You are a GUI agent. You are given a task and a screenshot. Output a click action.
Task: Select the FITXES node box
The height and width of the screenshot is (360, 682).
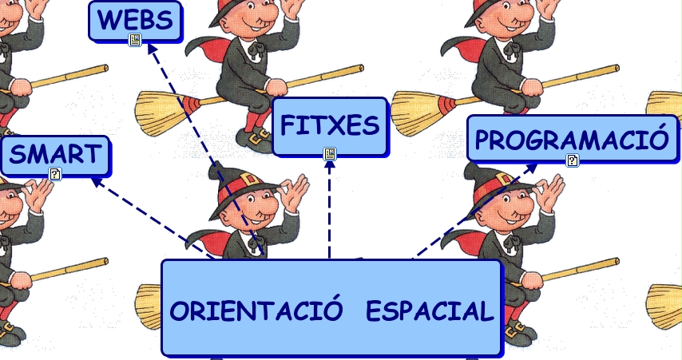pyautogui.click(x=329, y=126)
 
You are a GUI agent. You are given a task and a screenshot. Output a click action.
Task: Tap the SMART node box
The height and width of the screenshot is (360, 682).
pyautogui.click(x=55, y=155)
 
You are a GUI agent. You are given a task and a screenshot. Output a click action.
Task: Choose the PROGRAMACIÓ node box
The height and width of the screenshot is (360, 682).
pyautogui.click(x=571, y=140)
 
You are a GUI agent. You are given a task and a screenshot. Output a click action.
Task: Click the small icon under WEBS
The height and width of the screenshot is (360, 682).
pyautogui.click(x=135, y=40)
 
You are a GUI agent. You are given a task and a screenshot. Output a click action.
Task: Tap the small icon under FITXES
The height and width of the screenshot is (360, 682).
pyautogui.click(x=329, y=153)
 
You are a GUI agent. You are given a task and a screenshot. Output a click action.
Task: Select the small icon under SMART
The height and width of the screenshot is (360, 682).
pyautogui.click(x=55, y=174)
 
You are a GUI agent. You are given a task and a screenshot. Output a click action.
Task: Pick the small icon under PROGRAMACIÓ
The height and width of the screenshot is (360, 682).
pyautogui.click(x=572, y=160)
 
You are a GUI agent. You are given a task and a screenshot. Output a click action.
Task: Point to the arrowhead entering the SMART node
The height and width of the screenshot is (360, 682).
pyautogui.click(x=96, y=180)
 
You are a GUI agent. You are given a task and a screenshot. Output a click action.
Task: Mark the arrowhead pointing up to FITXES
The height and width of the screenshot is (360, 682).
pyautogui.click(x=329, y=164)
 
